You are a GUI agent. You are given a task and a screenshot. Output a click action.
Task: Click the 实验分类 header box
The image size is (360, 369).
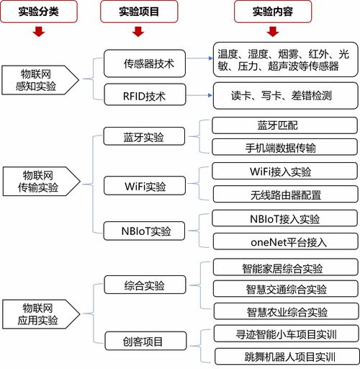(39, 12)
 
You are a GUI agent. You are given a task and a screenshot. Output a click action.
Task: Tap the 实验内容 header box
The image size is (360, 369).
(271, 12)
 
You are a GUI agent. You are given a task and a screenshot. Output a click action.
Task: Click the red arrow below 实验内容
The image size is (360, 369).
(272, 32)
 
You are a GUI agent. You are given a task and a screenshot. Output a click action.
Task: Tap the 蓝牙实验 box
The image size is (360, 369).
(143, 136)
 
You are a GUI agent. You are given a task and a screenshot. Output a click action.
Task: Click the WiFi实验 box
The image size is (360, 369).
(145, 186)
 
